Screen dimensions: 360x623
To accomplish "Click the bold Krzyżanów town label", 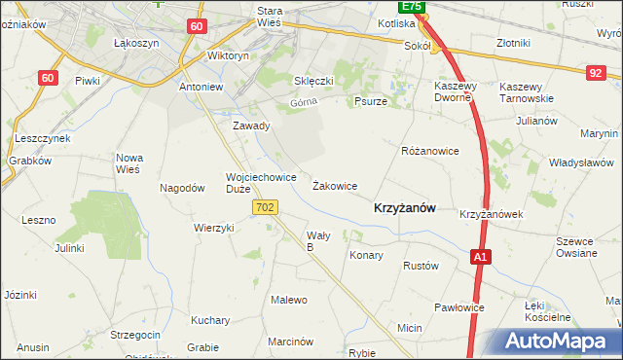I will click(404, 207).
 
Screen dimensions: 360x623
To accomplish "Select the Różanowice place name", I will click(429, 152).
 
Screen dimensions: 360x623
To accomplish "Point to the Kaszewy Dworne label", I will click(453, 91).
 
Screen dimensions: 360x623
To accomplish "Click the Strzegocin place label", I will click(135, 334).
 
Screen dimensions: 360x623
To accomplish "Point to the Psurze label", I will click(371, 100).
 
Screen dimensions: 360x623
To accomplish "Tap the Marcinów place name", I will click(290, 342).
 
